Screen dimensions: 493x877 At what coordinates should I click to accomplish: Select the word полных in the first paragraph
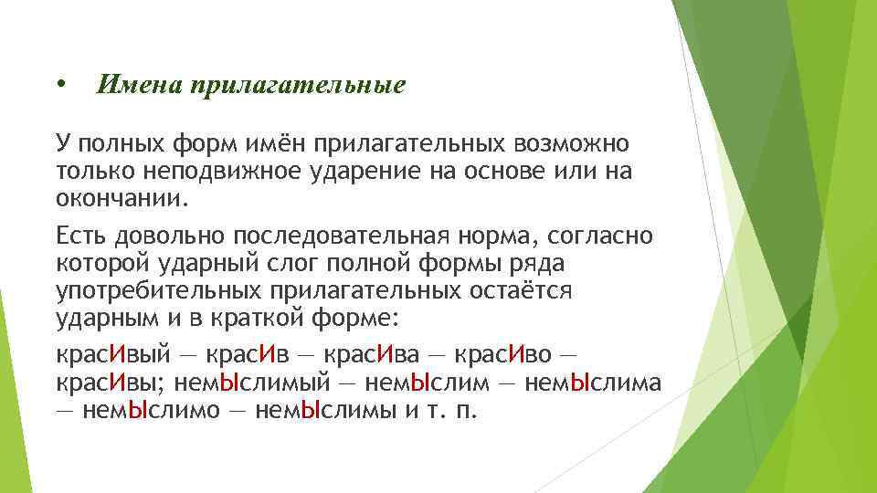pos(120,143)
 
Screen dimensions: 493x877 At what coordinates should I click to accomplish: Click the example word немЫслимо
pos(150,408)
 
